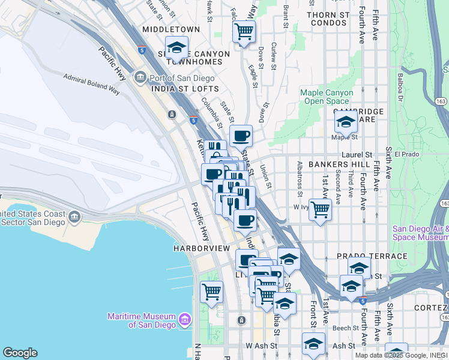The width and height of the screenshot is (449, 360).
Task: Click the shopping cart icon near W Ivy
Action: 321,210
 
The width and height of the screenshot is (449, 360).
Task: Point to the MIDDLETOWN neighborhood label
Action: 171,29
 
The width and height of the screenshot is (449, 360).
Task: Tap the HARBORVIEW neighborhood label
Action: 202,248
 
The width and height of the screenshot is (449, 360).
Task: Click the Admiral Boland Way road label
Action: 91,83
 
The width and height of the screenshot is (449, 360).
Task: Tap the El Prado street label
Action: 406,154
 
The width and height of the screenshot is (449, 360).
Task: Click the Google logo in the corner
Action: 20,353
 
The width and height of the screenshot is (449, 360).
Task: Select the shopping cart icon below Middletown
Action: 244,31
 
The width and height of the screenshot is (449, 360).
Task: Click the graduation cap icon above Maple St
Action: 346,122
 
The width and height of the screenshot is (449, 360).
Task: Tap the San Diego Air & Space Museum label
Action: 420,232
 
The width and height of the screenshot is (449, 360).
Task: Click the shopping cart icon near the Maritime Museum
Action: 211,292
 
